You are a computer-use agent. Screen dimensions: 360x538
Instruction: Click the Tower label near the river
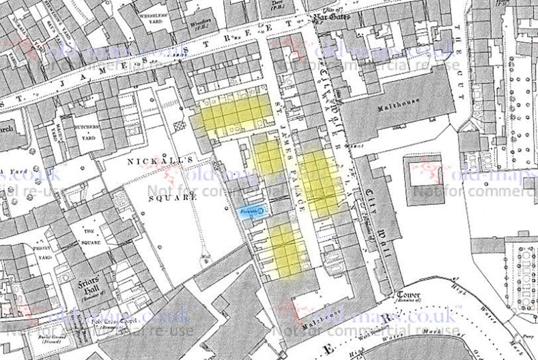pos(410,295)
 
